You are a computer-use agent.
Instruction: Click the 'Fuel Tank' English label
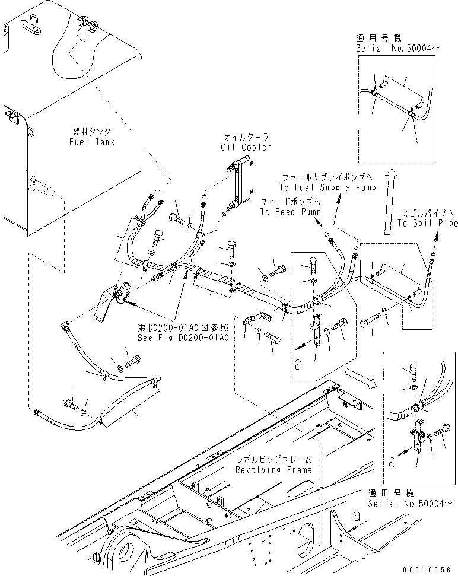(92, 142)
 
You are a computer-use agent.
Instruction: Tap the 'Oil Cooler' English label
(246, 147)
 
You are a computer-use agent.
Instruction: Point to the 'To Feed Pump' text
(290, 212)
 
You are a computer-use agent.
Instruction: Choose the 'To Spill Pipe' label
(427, 223)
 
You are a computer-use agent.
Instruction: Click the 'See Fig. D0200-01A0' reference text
(183, 337)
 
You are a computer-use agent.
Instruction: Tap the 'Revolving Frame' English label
(273, 469)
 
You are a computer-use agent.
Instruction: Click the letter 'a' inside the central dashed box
(298, 366)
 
